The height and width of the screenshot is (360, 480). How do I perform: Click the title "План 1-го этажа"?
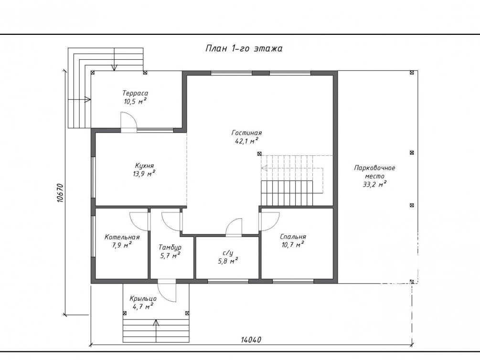pyautogui.click(x=244, y=49)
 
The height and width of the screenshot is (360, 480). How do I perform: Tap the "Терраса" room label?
pyautogui.click(x=135, y=93)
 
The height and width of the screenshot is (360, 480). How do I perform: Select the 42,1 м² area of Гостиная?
pyautogui.click(x=246, y=141)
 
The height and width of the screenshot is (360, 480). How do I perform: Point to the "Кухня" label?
pyautogui.click(x=144, y=166)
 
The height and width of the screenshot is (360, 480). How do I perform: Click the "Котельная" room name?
pyautogui.click(x=122, y=237)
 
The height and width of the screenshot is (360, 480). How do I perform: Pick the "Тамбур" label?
pyautogui.click(x=170, y=247)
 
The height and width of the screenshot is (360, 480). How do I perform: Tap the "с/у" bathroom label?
pyautogui.click(x=228, y=253)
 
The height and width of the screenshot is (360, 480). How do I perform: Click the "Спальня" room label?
pyautogui.click(x=293, y=237)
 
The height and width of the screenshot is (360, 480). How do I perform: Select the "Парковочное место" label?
pyautogui.click(x=375, y=172)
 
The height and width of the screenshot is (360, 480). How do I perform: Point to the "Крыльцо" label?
pyautogui.click(x=143, y=298)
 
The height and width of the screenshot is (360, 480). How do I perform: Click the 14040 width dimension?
pyautogui.click(x=251, y=340)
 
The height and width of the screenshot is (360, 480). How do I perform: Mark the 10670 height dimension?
pyautogui.click(x=60, y=193)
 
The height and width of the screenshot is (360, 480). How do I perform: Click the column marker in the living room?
pyautogui.click(x=259, y=153)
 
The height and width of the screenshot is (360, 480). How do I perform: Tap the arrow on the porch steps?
pyautogui.click(x=156, y=330)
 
